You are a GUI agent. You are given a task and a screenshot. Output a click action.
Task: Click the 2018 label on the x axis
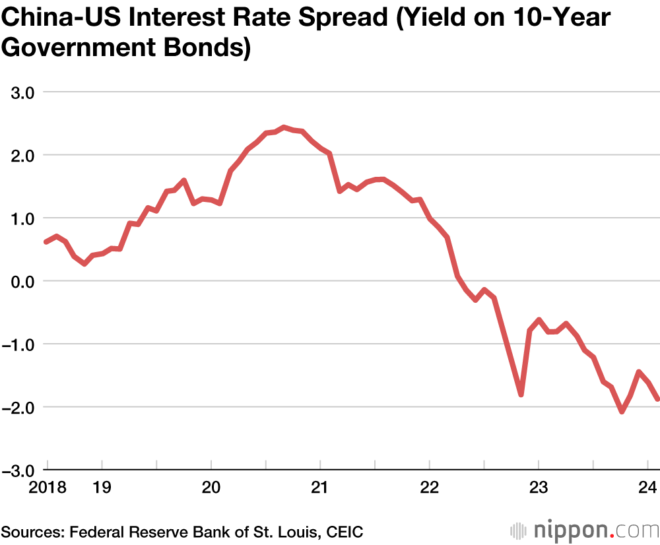(48, 488)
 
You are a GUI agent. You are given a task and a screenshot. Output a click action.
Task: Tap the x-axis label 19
(102, 488)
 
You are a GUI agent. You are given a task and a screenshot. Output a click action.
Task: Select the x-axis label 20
(211, 488)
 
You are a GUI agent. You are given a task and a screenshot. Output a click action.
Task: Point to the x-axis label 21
(320, 488)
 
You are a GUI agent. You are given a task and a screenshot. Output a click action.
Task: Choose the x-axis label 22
(429, 488)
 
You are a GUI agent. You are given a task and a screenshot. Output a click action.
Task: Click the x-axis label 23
(539, 488)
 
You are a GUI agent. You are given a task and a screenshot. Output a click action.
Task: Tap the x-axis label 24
(647, 488)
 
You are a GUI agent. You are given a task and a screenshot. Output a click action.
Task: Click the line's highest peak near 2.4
(284, 127)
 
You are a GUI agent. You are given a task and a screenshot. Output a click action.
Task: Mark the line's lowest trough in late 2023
(621, 411)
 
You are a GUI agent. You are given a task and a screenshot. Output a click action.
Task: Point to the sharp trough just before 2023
(521, 395)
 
